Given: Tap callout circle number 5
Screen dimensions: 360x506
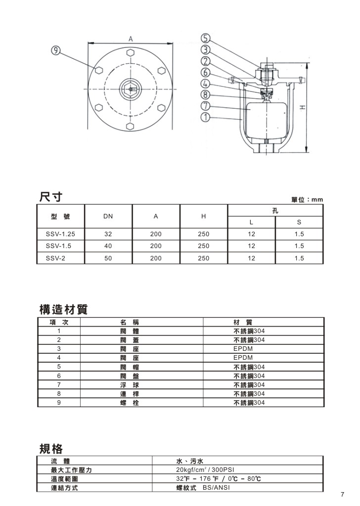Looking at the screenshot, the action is (x=206, y=38).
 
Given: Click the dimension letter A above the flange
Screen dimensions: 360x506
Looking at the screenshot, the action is (x=130, y=37).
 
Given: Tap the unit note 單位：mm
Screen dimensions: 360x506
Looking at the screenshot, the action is (x=307, y=200).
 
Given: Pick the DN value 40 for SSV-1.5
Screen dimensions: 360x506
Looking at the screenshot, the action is (x=108, y=246).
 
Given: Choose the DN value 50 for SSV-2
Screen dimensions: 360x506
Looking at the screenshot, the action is (x=108, y=258).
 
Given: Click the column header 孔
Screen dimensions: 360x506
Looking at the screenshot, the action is (x=275, y=211).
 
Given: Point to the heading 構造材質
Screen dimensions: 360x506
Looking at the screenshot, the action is (x=63, y=310).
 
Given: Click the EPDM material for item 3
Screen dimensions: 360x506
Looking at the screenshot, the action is (x=243, y=348).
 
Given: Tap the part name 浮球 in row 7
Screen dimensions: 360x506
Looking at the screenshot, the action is (x=130, y=384).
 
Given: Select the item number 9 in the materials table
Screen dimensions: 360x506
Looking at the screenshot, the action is (x=59, y=403).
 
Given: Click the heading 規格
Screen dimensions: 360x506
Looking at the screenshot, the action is (x=50, y=449).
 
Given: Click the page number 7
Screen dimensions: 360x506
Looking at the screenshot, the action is (x=342, y=494).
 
